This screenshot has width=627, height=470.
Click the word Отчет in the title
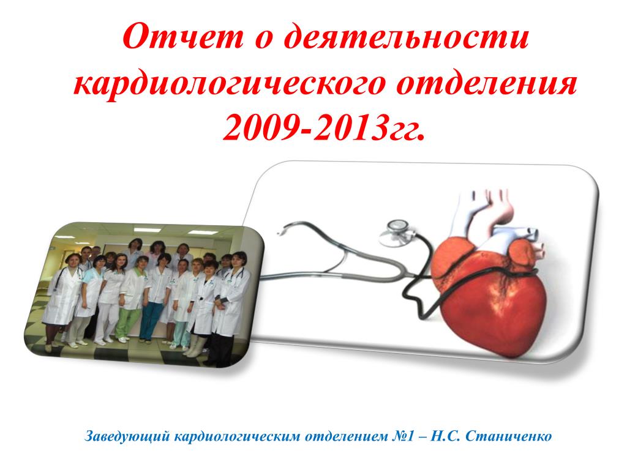pos(183,37)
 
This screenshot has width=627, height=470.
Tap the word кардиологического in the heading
pos(230,85)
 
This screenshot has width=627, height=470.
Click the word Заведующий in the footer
pos(128,436)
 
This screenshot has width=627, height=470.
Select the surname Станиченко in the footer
pos(509,435)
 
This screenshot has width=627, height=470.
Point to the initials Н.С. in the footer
pos(446,435)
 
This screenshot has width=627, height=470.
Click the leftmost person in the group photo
pos(62,300)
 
